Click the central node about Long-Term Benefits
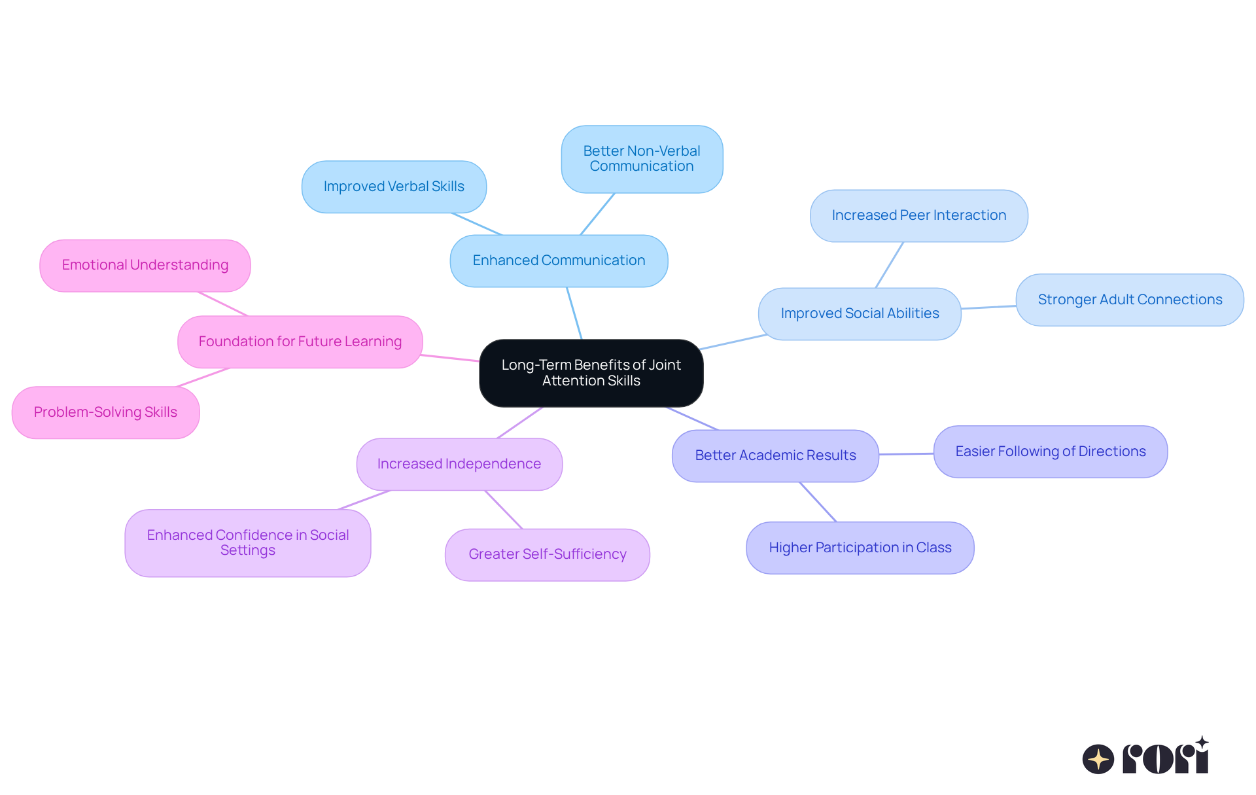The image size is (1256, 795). (591, 373)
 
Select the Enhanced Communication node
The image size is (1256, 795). (559, 260)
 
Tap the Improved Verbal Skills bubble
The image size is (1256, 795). (394, 186)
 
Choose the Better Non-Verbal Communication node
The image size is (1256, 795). (642, 159)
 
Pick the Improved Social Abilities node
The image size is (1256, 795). (860, 313)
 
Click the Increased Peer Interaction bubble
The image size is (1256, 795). (918, 215)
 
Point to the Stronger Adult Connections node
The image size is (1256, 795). (1129, 300)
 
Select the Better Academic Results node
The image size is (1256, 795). (775, 455)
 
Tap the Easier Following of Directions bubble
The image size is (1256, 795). (1050, 451)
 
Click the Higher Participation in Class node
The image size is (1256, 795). (860, 548)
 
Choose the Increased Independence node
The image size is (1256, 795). (459, 464)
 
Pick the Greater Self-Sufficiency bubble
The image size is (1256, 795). (547, 554)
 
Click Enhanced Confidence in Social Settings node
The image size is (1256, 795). (248, 543)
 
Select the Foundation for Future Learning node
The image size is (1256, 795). (300, 342)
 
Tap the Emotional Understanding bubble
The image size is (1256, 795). (145, 265)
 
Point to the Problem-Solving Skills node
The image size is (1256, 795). (105, 412)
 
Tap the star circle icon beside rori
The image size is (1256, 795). (1098, 759)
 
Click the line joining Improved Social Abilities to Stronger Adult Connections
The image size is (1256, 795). (988, 307)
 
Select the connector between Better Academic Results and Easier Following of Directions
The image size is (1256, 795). (906, 453)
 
